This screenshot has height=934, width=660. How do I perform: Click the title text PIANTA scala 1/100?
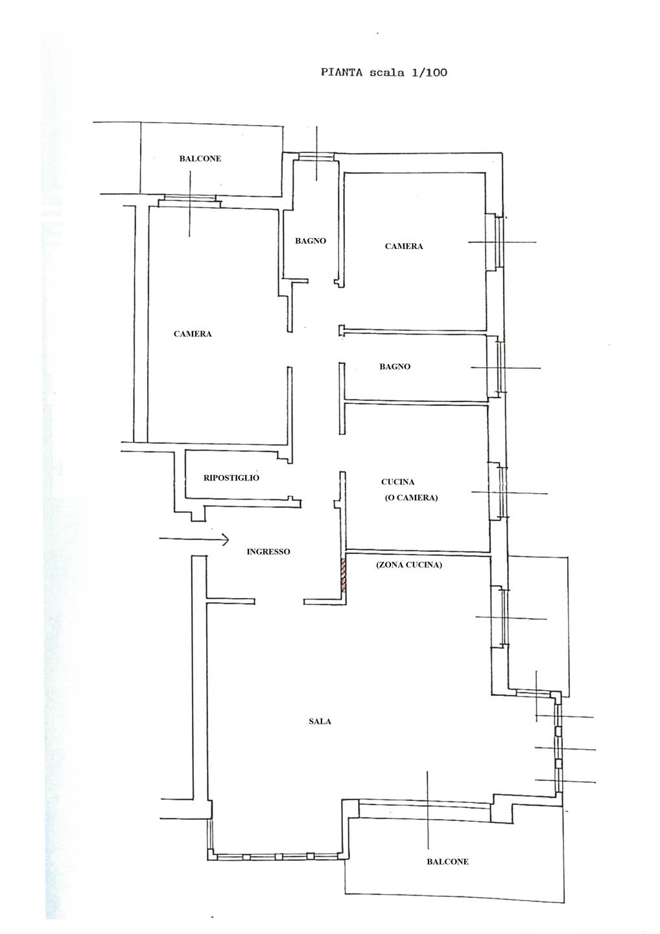point(384,73)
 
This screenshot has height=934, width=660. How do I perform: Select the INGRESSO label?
point(268,551)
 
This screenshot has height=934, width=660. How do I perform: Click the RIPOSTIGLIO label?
point(231,478)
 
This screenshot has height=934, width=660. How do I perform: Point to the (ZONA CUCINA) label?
point(408,565)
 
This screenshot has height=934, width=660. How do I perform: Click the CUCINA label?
point(398,482)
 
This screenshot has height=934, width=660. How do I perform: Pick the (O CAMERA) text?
point(411,497)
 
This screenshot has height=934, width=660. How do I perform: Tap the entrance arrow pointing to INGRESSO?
point(194,540)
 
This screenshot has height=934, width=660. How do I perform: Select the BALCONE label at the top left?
point(200,158)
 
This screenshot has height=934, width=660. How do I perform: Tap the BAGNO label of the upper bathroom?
point(311,241)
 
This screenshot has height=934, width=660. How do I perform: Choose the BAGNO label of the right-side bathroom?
point(395,366)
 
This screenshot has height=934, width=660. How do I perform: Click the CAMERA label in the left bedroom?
point(193,333)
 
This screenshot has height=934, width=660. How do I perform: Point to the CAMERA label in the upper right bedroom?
point(404,246)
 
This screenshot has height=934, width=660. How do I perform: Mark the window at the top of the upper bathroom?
point(316,156)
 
